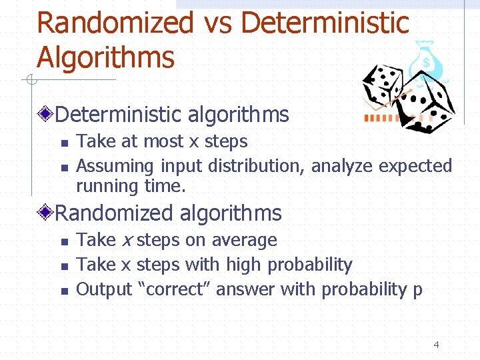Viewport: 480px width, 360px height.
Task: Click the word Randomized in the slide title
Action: pyautogui.click(x=114, y=23)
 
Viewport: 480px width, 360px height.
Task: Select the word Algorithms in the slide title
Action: pyautogui.click(x=105, y=57)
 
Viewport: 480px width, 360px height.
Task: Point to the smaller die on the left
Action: pyautogui.click(x=383, y=85)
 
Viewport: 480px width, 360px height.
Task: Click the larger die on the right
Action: pyautogui.click(x=429, y=100)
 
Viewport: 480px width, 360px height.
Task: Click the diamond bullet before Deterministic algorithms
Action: pyautogui.click(x=45, y=115)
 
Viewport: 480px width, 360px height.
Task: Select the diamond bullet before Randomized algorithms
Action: pyautogui.click(x=45, y=213)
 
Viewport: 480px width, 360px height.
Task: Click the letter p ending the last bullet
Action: pyautogui.click(x=417, y=291)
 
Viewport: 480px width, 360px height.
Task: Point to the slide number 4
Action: pyautogui.click(x=436, y=345)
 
